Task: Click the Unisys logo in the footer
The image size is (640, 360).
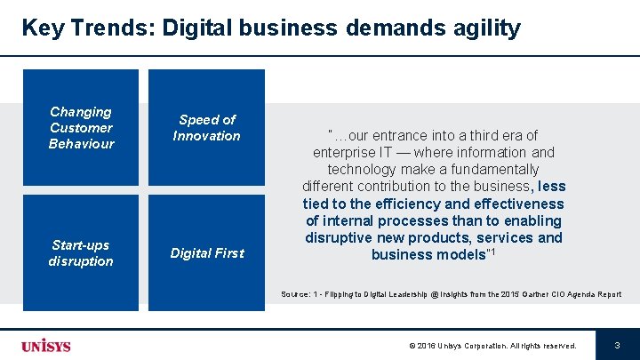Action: [x=46, y=345]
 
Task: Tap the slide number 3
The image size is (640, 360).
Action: [x=617, y=345]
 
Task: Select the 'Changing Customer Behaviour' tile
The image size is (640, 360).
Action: [x=81, y=128]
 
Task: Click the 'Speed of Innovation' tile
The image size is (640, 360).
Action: [x=206, y=128]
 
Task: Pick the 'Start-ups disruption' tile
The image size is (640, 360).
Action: [x=81, y=252]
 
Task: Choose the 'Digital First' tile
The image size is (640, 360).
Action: [x=206, y=253]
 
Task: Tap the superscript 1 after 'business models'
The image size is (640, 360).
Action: [x=492, y=252]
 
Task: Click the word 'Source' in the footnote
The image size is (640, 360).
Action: [x=295, y=294]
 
